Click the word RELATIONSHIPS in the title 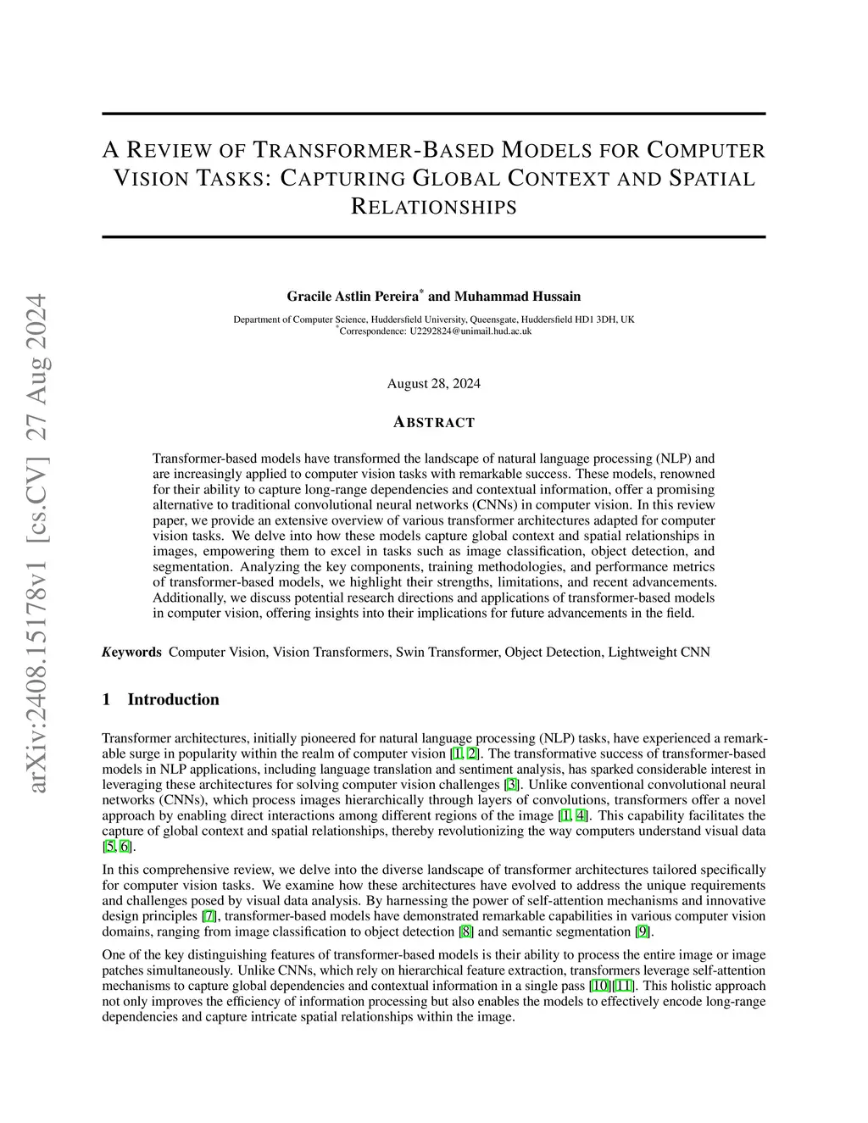(433, 207)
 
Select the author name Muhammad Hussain (518, 296)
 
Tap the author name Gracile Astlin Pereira (353, 296)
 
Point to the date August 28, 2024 (433, 383)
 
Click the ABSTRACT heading (434, 422)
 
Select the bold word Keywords (131, 652)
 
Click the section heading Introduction (173, 699)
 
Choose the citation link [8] (465, 932)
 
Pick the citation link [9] (643, 932)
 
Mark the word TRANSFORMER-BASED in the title (374, 151)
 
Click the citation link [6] (125, 847)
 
